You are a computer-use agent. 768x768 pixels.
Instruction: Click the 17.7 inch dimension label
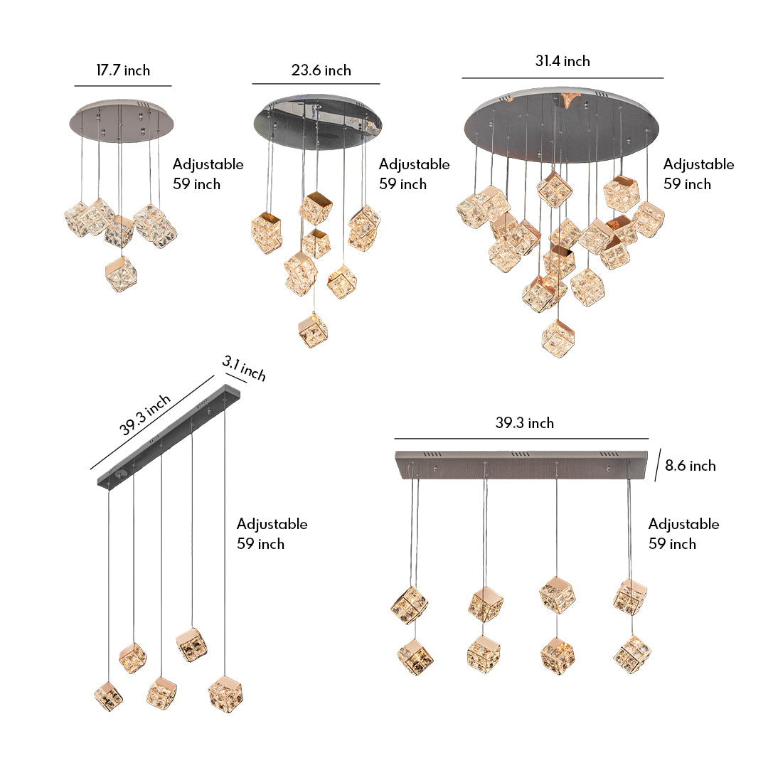(x=123, y=70)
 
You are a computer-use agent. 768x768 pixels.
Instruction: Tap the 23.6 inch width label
(x=321, y=70)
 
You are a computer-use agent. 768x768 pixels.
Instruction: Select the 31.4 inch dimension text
(x=562, y=61)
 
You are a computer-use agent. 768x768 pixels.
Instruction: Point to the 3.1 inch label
(x=244, y=370)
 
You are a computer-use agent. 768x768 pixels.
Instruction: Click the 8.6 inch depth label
(x=690, y=466)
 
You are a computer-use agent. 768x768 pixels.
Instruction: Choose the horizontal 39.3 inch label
(x=524, y=423)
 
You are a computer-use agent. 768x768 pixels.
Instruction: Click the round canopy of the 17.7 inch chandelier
(x=124, y=119)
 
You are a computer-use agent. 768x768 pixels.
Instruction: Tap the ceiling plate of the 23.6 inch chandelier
(x=318, y=122)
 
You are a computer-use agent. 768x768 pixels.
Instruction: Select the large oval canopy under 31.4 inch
(x=562, y=124)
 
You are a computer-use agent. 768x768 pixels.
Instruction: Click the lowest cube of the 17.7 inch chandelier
(x=121, y=274)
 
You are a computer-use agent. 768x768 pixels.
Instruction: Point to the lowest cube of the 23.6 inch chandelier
(x=313, y=329)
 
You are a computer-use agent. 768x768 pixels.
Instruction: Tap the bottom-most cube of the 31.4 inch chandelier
(x=558, y=338)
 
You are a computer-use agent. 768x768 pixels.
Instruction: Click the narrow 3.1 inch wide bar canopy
(x=169, y=437)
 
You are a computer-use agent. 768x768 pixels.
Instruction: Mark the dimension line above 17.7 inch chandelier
(x=123, y=86)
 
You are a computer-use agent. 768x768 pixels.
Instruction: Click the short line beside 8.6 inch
(x=658, y=465)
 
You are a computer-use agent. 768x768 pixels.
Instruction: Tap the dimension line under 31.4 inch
(x=562, y=78)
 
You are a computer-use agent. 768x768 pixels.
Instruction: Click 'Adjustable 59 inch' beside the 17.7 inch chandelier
(x=208, y=174)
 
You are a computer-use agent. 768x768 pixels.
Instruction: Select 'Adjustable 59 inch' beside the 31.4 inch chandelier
(x=698, y=174)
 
